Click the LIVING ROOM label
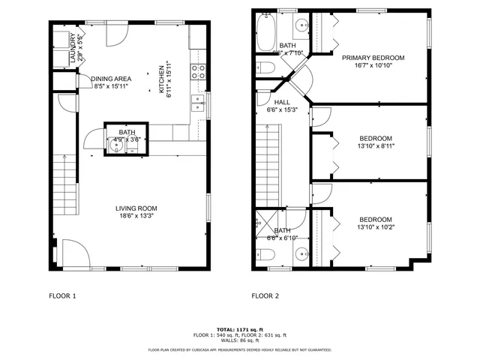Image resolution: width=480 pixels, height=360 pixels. (136, 208)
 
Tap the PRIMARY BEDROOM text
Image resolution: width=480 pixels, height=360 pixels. (373, 58)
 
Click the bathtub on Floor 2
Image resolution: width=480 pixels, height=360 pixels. (266, 31)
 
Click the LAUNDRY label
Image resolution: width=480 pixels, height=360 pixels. (72, 50)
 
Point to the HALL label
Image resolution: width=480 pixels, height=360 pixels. (282, 102)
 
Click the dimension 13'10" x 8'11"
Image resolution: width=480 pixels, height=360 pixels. (376, 146)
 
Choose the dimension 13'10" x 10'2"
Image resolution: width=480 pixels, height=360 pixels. (376, 227)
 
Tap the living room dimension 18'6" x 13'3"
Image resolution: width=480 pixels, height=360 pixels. (136, 216)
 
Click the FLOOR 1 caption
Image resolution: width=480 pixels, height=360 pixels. (62, 295)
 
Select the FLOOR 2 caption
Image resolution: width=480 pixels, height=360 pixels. (265, 295)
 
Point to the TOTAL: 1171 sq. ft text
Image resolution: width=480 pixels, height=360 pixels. (239, 329)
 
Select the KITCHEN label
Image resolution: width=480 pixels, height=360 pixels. (160, 80)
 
